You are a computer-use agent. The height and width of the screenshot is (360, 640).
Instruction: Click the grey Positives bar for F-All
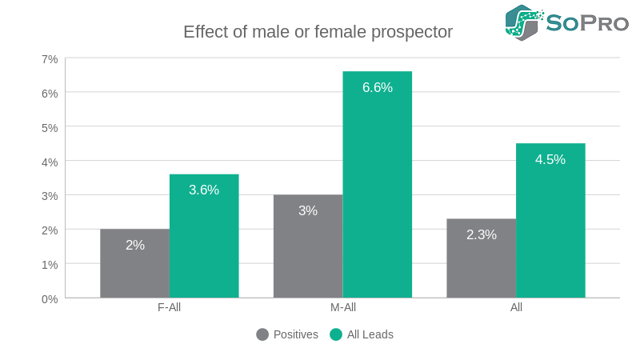[134, 263]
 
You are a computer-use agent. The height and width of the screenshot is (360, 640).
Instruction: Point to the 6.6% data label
[378, 88]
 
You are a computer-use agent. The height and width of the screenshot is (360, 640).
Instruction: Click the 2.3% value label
[482, 234]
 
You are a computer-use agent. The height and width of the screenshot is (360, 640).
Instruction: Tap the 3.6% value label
[204, 190]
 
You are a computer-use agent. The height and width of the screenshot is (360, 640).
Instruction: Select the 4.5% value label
[550, 159]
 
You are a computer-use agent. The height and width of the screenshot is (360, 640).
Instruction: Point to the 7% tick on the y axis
[50, 59]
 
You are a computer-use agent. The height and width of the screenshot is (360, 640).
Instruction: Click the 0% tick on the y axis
[50, 298]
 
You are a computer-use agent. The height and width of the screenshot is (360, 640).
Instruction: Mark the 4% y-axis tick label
[50, 162]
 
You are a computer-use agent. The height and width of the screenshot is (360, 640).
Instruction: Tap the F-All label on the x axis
[170, 307]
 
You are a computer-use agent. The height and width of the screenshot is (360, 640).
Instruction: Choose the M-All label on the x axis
[342, 307]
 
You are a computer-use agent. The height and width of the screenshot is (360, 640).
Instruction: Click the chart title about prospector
[318, 32]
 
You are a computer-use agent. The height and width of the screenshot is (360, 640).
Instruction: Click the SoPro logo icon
[523, 22]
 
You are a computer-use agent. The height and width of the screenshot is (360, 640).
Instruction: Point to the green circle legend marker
[336, 334]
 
